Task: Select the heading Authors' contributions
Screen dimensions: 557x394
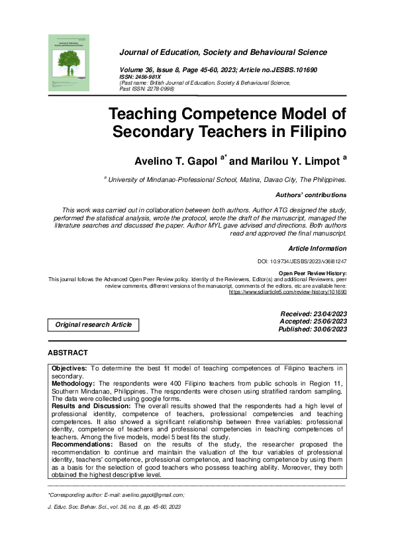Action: click(x=311, y=195)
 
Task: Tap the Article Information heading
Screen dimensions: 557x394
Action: click(x=317, y=248)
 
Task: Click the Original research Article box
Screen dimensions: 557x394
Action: click(x=93, y=325)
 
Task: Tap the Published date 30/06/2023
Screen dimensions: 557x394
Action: click(x=325, y=329)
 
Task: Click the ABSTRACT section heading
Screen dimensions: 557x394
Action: click(x=68, y=353)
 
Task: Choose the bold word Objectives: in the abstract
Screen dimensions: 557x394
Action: click(x=70, y=366)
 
